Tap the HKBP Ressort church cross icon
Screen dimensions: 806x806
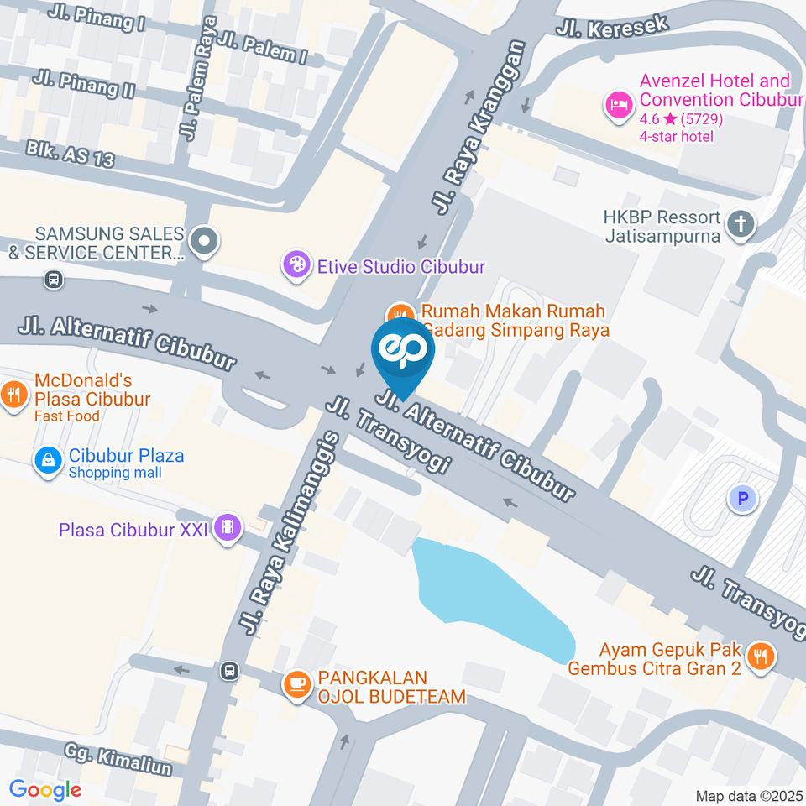coord(741,224)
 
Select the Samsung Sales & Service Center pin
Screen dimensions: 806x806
coord(204,243)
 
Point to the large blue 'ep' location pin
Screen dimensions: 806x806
coord(403,353)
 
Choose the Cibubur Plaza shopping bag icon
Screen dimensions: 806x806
coord(49,460)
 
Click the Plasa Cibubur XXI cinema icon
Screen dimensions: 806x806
coord(228,528)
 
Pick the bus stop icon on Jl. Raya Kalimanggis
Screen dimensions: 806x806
coord(229,671)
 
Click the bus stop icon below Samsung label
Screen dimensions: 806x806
coord(54,279)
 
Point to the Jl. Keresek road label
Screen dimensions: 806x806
coord(612,25)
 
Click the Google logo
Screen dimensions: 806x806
coord(44,790)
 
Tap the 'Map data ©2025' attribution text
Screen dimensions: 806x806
coord(748,796)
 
